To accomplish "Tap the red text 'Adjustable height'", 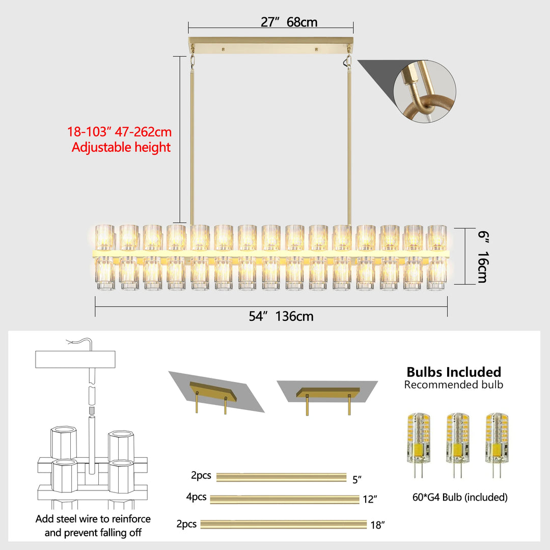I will [121, 148].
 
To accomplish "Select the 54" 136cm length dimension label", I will [281, 316].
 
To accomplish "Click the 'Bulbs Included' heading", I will [454, 372].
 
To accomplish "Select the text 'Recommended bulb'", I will [454, 384].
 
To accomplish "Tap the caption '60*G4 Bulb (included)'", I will [460, 498].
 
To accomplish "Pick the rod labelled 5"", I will [281, 477].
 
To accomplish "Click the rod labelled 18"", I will [284, 524].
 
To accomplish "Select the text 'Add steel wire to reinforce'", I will [93, 519].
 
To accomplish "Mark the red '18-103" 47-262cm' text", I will [120, 132].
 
